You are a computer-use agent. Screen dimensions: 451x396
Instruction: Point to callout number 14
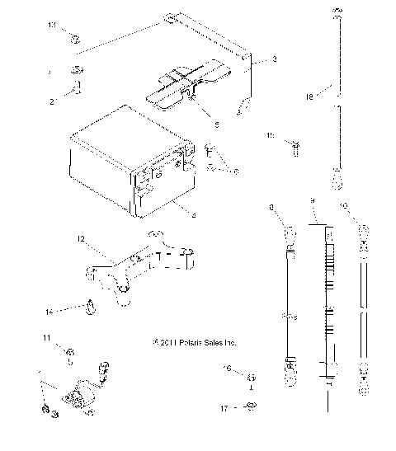point(49,312)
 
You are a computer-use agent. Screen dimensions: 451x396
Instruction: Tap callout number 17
point(224,407)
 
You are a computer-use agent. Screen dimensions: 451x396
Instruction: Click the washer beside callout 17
point(251,405)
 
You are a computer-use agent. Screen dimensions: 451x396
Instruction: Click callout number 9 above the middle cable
point(313,200)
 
